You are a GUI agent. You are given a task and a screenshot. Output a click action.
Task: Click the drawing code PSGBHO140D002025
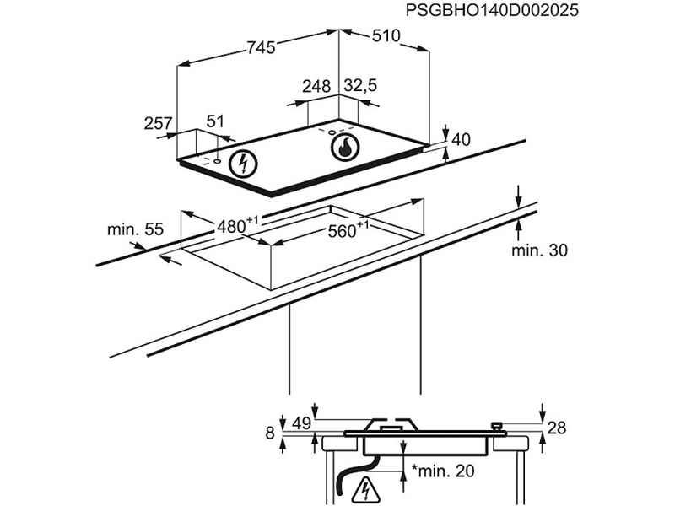[x=492, y=10]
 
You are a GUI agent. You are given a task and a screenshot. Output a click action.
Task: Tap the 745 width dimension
[x=262, y=47]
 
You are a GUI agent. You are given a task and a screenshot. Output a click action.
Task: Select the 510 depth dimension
[x=386, y=35]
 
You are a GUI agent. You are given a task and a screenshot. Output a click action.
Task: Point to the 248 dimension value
[x=316, y=86]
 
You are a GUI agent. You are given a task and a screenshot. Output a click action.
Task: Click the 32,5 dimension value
[x=360, y=85]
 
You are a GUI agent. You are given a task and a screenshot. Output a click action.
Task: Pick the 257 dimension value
[x=158, y=123]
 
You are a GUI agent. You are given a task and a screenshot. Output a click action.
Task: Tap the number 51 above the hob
[x=215, y=121]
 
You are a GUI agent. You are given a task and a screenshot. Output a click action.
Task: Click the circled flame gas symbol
[x=345, y=148]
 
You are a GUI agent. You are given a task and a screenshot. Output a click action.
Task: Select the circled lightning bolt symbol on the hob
[x=243, y=164]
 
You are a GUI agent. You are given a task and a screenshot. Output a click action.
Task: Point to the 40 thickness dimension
[x=461, y=139]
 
